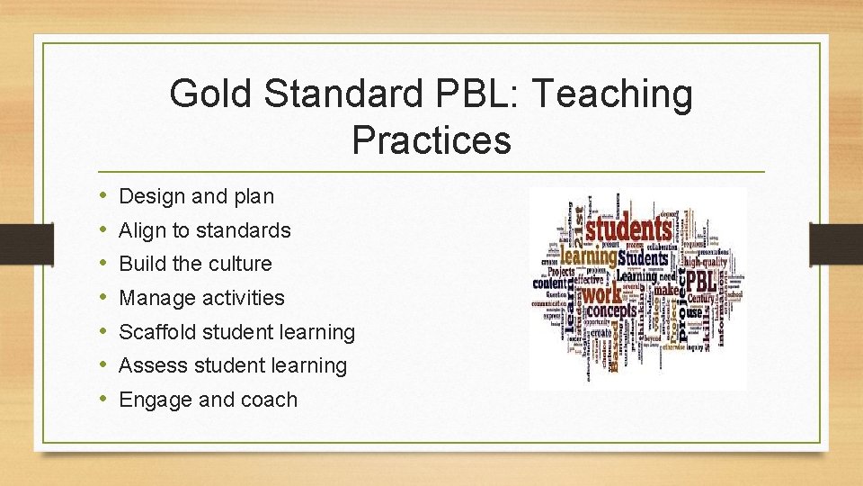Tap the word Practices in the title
(x=431, y=140)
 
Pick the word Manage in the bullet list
(x=153, y=298)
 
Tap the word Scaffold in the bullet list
(x=157, y=332)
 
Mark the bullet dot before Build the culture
(x=105, y=264)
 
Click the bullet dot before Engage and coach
(x=105, y=399)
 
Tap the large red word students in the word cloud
(x=628, y=229)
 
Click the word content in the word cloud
(x=549, y=283)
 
